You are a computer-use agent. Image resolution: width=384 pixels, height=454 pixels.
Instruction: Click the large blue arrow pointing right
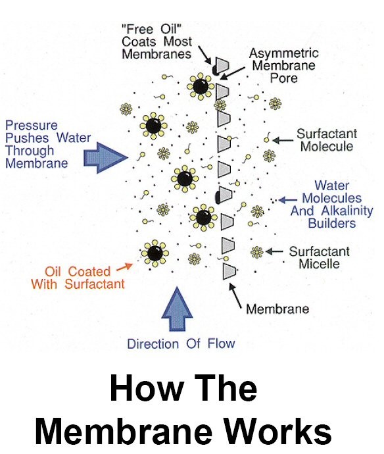coord(106,158)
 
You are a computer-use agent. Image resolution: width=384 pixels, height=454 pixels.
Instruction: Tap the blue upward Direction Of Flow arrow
coord(177,309)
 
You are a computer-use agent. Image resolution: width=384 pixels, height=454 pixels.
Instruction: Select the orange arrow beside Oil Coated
coord(124,267)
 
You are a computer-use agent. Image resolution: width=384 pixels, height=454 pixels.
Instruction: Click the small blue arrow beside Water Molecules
coord(288,200)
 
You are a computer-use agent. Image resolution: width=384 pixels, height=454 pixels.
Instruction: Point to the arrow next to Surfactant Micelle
coord(274,251)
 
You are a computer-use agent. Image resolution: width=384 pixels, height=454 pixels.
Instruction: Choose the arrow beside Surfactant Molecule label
coord(283,140)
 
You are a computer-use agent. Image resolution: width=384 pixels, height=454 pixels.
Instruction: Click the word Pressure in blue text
coord(32,126)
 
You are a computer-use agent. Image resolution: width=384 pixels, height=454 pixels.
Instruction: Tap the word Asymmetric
coord(283,53)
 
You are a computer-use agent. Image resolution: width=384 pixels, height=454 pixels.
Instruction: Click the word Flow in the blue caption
coord(221,343)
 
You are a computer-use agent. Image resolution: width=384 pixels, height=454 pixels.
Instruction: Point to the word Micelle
coord(319,264)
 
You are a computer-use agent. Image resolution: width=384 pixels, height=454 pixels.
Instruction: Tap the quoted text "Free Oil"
coord(152,29)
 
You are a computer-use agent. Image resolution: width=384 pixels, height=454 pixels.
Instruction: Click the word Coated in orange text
coord(89,272)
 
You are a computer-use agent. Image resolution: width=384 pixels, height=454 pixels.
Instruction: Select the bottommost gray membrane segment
coord(229,272)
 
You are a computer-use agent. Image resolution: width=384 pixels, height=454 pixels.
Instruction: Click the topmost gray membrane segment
coord(222,65)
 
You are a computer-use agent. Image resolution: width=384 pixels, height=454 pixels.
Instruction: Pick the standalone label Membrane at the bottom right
coord(277,309)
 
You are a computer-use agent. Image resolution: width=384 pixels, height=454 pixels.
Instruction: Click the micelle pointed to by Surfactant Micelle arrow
coord(256,252)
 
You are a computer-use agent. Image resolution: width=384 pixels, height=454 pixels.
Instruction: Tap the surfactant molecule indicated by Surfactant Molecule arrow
coord(267,138)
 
